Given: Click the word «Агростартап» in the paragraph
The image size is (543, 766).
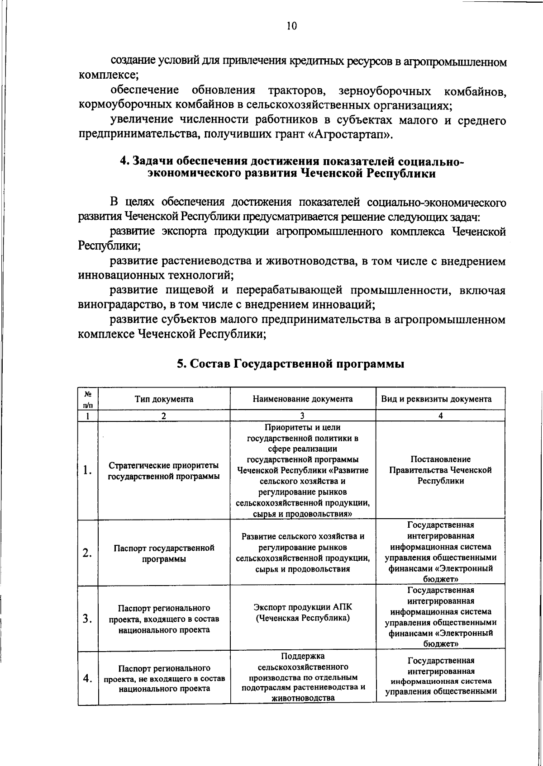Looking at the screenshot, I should click(348, 135).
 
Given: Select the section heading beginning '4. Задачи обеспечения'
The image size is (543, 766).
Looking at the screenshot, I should click(291, 168).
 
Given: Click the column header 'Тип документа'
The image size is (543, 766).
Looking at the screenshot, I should click(164, 399).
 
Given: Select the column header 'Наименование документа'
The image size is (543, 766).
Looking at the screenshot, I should click(303, 399).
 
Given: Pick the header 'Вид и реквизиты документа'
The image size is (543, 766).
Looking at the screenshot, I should click(440, 399).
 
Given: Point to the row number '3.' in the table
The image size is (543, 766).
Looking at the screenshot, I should click(88, 619).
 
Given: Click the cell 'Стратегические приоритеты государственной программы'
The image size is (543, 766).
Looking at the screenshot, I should click(164, 471).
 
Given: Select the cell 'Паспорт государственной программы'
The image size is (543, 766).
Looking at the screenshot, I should click(164, 553).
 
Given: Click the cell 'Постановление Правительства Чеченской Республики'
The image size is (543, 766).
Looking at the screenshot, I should click(440, 470).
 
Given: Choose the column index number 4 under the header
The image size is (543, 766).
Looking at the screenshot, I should click(440, 416).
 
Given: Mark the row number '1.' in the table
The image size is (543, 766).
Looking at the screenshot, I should click(88, 470).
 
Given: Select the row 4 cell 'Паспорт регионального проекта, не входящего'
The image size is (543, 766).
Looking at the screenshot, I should click(164, 678).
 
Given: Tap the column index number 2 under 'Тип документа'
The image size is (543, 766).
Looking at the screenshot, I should click(164, 416).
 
